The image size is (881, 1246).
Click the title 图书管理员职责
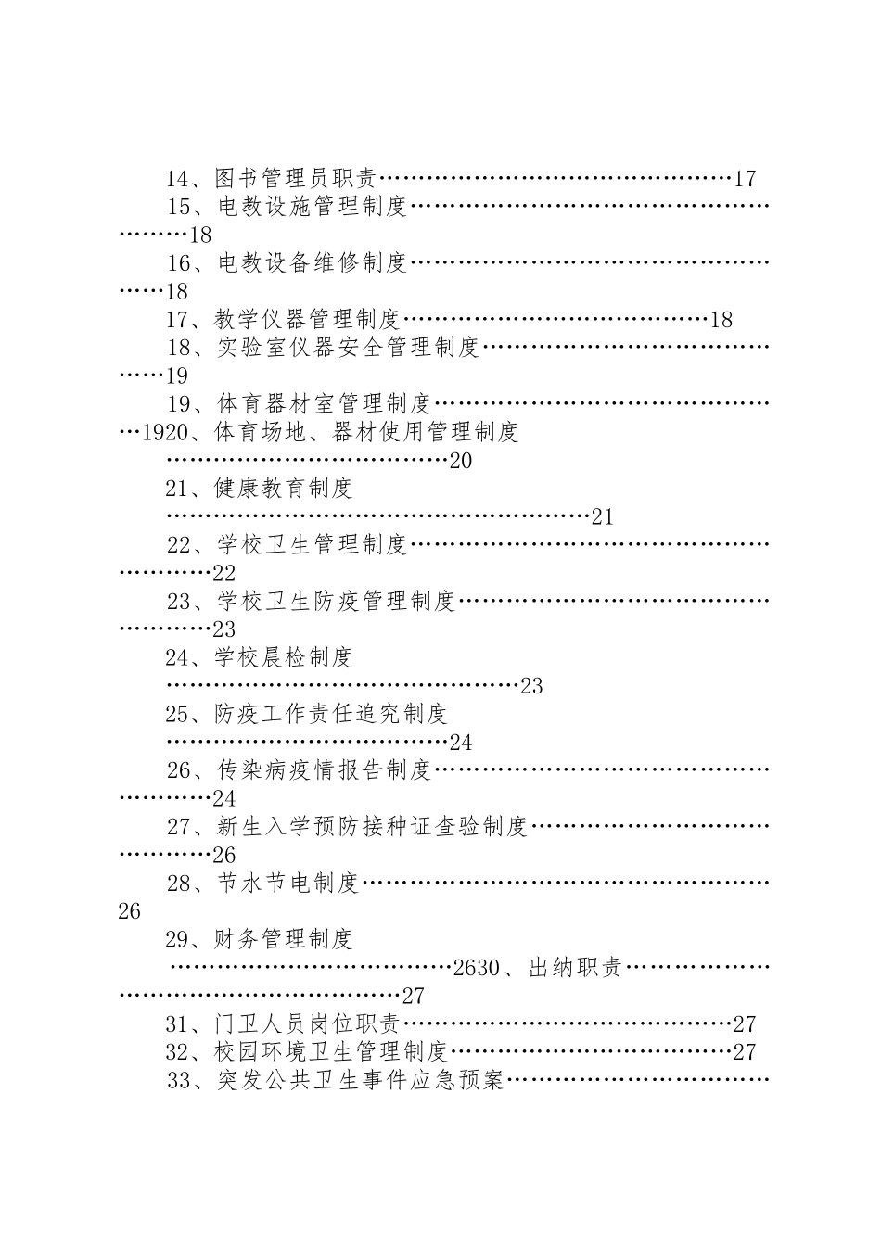pos(297,178)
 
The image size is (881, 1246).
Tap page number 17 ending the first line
pos(745,179)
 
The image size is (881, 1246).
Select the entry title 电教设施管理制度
pos(313,206)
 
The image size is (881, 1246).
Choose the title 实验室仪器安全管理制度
pos(348,348)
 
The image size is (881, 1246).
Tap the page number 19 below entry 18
pos(176,375)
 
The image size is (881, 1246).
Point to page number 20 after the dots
pos(461,461)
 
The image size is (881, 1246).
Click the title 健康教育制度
pos(283,488)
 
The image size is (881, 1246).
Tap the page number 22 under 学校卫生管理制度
pos(223,573)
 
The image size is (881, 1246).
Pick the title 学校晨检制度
pos(283,657)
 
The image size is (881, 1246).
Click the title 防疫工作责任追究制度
pos(331,714)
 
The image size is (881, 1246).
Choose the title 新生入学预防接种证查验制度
pos(372,826)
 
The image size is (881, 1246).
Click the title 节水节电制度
pos(287,883)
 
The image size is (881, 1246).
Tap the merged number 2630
pos(477,969)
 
